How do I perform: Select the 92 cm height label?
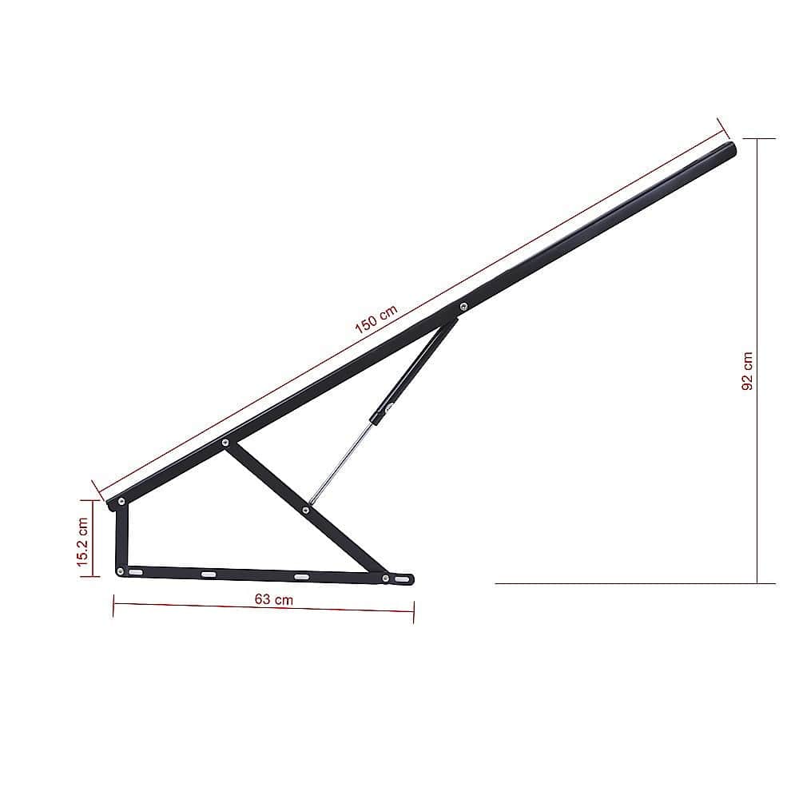[747, 371]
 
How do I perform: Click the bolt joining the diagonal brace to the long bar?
[225, 441]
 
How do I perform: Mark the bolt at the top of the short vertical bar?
[121, 502]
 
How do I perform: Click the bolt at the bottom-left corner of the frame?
[120, 570]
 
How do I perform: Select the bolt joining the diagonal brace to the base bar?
[385, 578]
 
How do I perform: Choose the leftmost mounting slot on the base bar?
[136, 572]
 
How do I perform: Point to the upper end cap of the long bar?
[729, 148]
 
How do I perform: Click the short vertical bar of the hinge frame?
[121, 536]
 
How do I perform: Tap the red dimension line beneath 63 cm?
[264, 609]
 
